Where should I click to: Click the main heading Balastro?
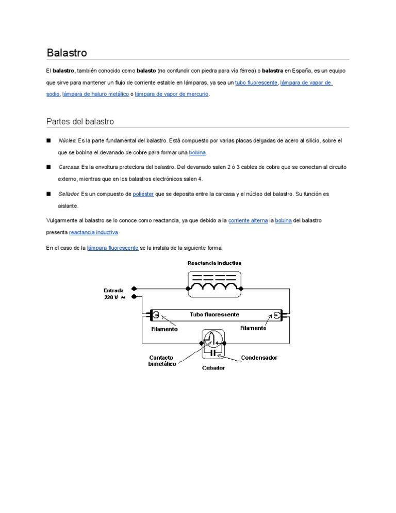click(x=67, y=53)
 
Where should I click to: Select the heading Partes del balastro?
click(x=80, y=121)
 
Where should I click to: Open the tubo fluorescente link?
click(x=256, y=83)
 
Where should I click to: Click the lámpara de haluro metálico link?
click(x=95, y=94)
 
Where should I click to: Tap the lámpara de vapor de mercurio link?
click(x=172, y=94)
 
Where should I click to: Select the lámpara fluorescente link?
click(x=113, y=248)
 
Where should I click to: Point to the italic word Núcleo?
click(x=67, y=140)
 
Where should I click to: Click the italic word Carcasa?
click(x=69, y=167)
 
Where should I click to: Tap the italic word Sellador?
click(x=69, y=194)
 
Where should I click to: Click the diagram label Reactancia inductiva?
click(x=214, y=263)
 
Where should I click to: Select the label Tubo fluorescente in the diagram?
click(x=214, y=314)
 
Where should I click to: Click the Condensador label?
click(x=259, y=357)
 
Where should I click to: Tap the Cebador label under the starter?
click(x=213, y=368)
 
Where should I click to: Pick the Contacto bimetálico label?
click(x=161, y=360)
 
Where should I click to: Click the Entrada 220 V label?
click(x=114, y=294)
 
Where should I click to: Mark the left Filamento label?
click(x=164, y=329)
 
